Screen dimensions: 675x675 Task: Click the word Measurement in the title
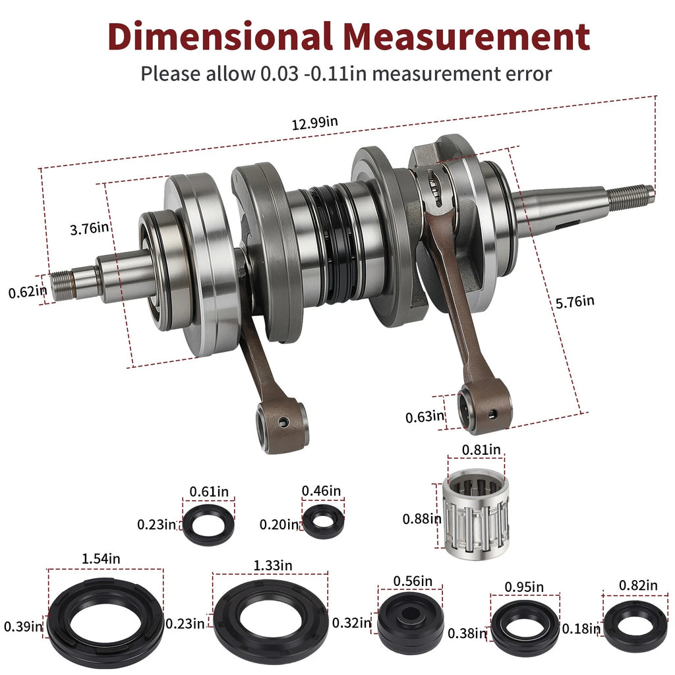point(466,36)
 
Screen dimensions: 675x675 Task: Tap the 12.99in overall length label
point(314,123)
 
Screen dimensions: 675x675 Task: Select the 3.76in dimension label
point(90,228)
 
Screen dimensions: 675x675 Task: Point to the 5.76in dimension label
point(575,302)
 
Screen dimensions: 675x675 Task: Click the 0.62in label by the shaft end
point(28,292)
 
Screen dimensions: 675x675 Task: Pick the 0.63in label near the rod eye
point(425,417)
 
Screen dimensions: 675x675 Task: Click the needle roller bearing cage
point(476,514)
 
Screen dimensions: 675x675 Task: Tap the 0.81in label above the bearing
point(481,450)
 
